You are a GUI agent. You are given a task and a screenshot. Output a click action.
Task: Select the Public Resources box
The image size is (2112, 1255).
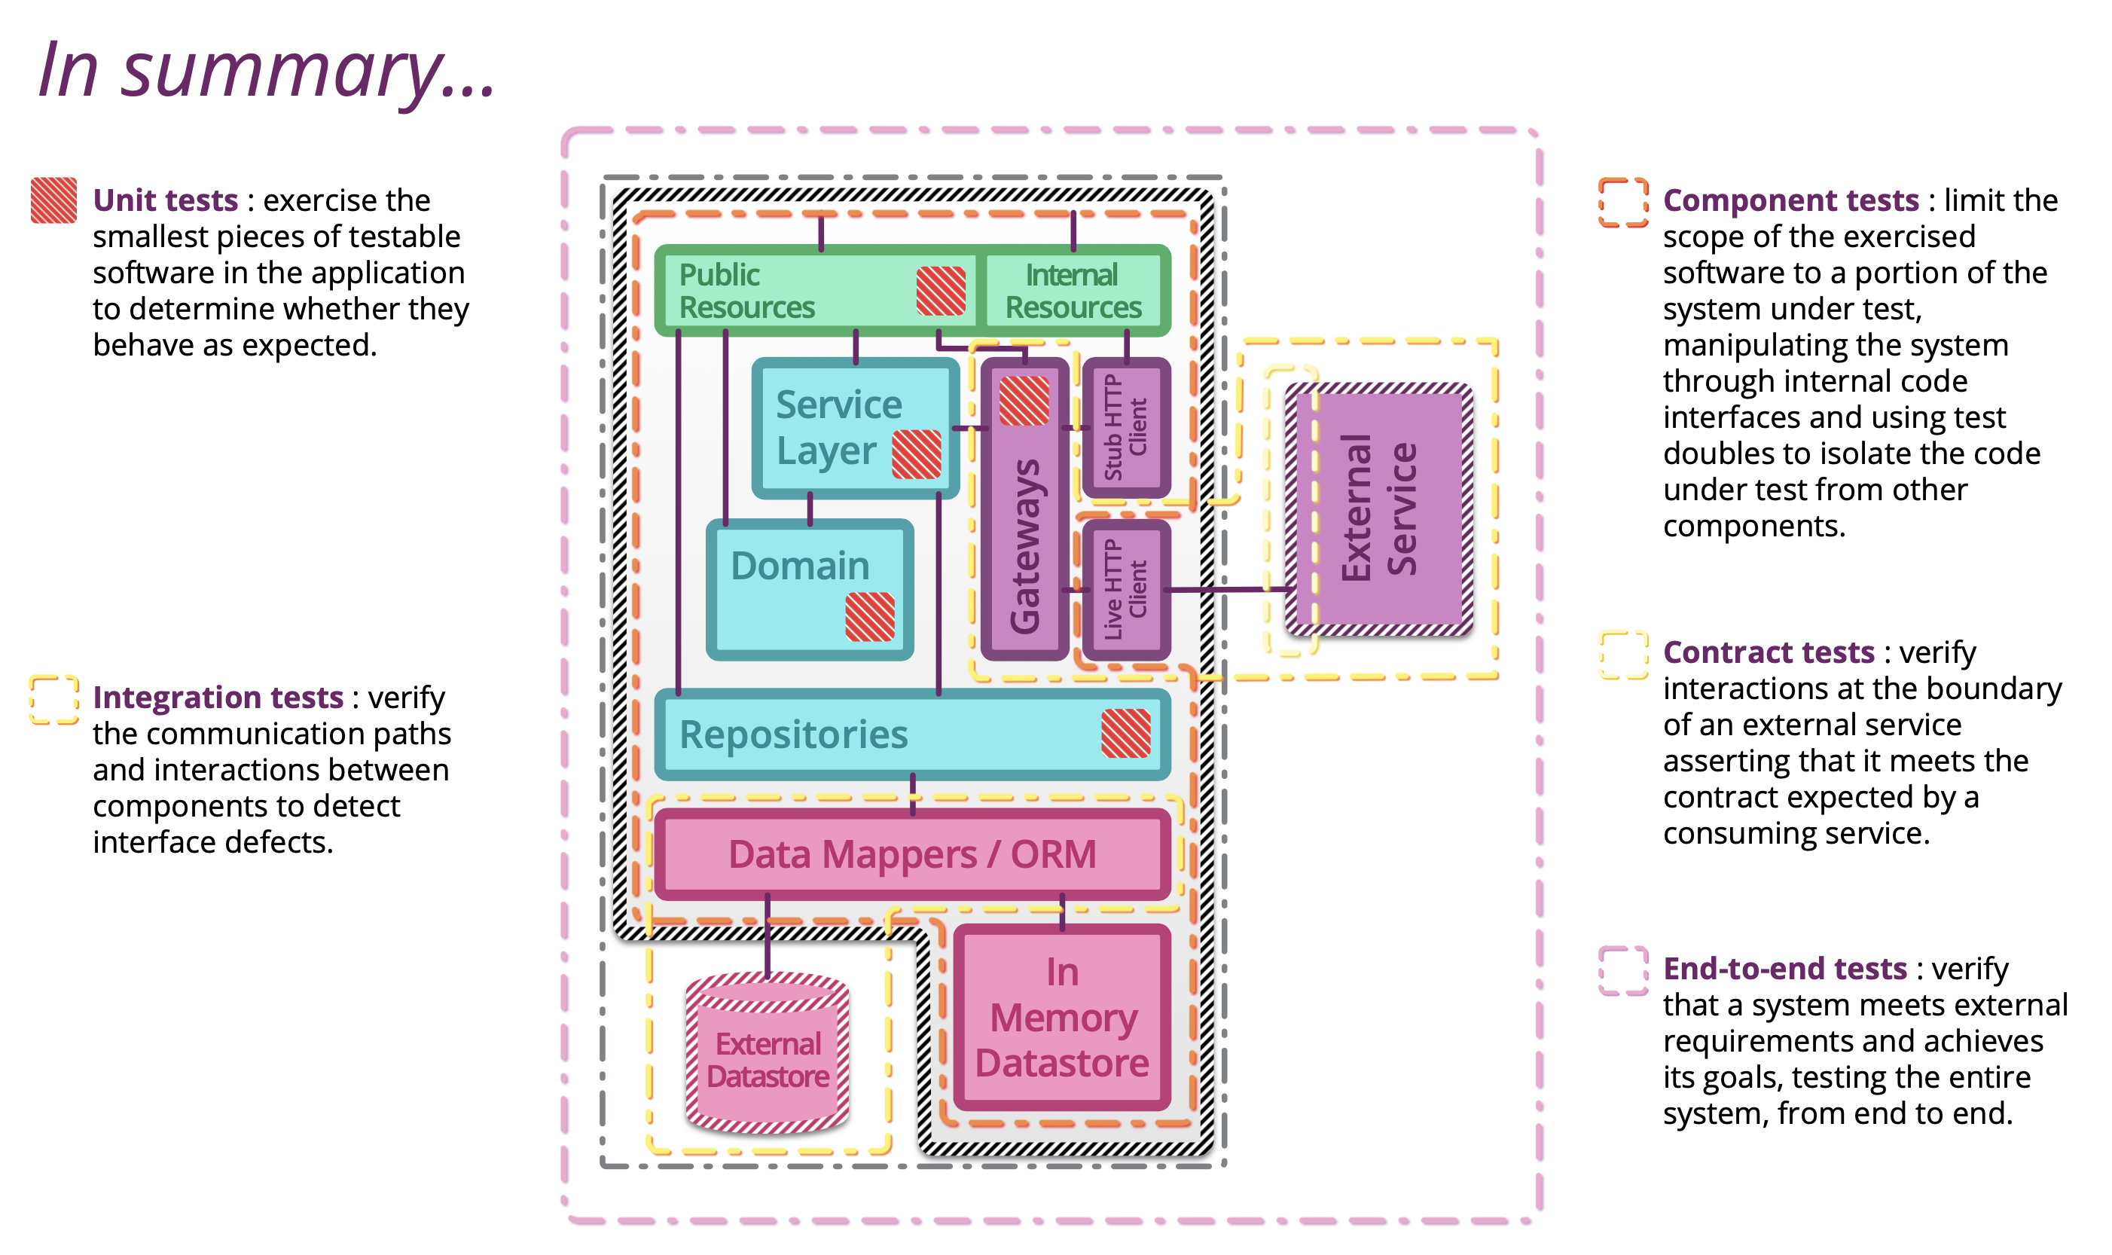(x=795, y=291)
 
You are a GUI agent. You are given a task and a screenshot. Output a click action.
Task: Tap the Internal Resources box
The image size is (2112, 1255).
(x=1073, y=291)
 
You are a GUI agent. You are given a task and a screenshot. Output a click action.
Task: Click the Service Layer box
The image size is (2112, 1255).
(x=837, y=427)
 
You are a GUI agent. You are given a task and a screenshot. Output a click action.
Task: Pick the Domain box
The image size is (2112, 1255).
(x=799, y=584)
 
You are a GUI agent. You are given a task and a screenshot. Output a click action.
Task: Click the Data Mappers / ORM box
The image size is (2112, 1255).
(x=911, y=854)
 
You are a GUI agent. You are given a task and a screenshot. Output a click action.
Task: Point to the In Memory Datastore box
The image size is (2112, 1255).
(x=1062, y=1018)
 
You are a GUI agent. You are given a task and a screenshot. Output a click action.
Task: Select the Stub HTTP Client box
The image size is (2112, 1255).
(x=1125, y=427)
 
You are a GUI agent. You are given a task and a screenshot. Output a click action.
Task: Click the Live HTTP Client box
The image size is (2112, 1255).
(x=1125, y=589)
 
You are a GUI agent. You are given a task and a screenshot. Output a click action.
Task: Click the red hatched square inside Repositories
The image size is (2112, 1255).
(x=1125, y=732)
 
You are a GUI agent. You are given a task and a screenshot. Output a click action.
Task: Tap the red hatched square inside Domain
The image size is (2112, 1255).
(x=869, y=616)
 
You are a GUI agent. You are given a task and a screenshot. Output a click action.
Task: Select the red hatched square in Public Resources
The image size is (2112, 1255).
(x=940, y=291)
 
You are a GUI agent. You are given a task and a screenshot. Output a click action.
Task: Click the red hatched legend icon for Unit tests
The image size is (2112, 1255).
(x=53, y=200)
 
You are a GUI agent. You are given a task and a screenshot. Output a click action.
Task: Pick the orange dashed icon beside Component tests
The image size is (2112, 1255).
(x=1622, y=202)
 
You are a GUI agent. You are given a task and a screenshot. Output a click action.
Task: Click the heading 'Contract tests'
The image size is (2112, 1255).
(x=1768, y=652)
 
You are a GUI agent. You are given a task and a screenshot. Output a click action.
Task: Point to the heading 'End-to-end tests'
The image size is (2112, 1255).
(x=1784, y=968)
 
